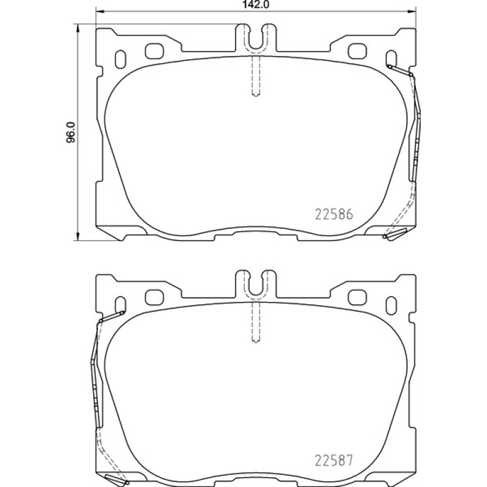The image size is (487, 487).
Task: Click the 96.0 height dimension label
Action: (x=71, y=132)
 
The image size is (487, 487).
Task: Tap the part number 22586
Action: (x=334, y=214)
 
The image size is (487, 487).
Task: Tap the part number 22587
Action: (x=334, y=460)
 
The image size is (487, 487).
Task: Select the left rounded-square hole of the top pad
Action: (x=155, y=51)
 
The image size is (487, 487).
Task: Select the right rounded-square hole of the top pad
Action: (x=357, y=51)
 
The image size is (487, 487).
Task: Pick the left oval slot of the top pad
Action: (x=120, y=59)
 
